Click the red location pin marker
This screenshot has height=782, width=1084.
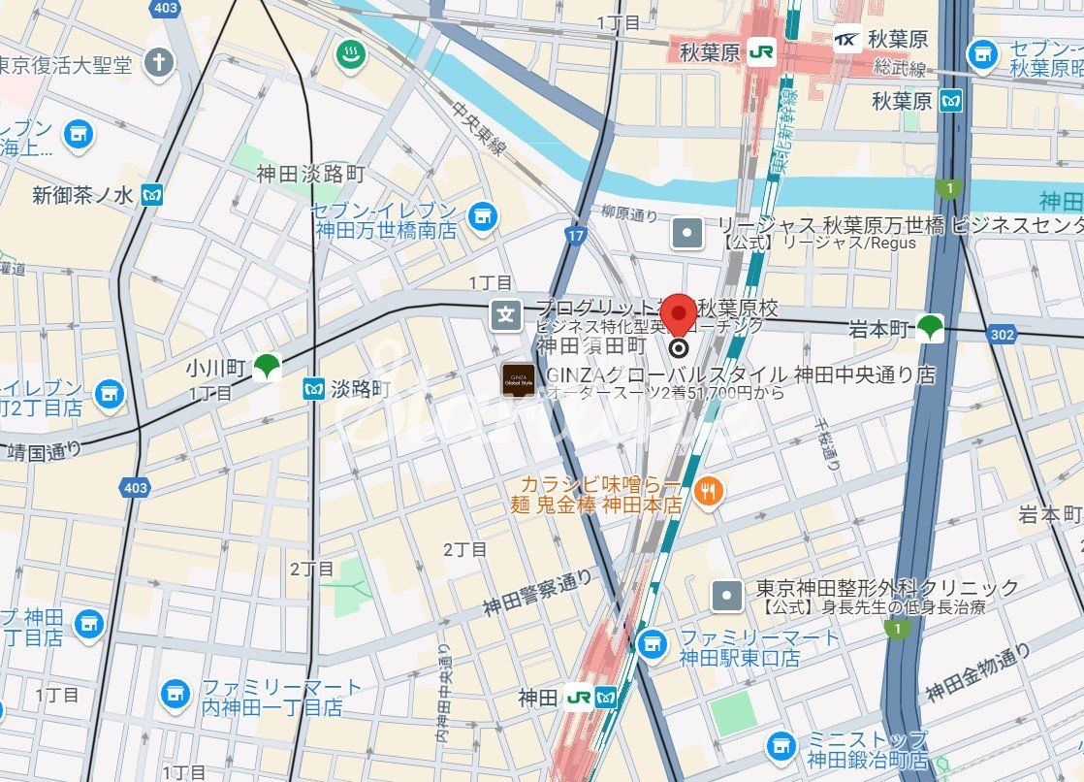679,315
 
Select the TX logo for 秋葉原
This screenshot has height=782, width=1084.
847,40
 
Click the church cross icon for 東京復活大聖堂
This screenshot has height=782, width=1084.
158,64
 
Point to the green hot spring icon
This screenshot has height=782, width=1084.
350,54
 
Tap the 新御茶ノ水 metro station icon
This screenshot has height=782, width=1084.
151,195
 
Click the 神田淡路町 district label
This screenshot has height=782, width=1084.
310,174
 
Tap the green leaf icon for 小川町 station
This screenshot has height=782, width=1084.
266,366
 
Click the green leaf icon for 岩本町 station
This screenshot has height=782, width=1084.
931,329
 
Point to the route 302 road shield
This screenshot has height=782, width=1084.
1003,334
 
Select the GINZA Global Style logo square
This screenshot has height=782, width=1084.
515,380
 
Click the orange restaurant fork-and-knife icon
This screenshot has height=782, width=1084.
710,492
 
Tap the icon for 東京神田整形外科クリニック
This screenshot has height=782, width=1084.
726,596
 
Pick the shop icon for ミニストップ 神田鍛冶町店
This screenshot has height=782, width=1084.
781,747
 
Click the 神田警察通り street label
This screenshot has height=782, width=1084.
537,594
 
